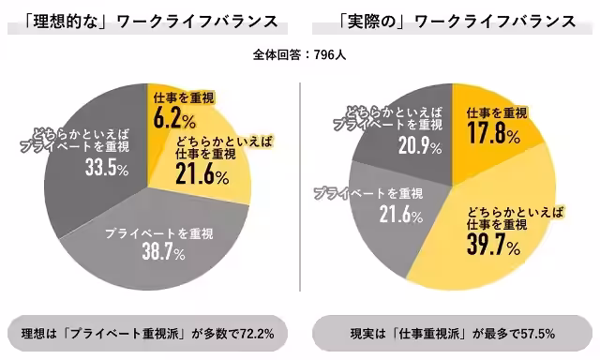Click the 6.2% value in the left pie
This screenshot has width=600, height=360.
coord(174,118)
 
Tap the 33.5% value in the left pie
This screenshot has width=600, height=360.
coord(80,169)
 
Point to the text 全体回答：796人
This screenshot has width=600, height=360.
coord(300,54)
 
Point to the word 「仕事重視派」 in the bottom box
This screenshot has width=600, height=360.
coord(431,333)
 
